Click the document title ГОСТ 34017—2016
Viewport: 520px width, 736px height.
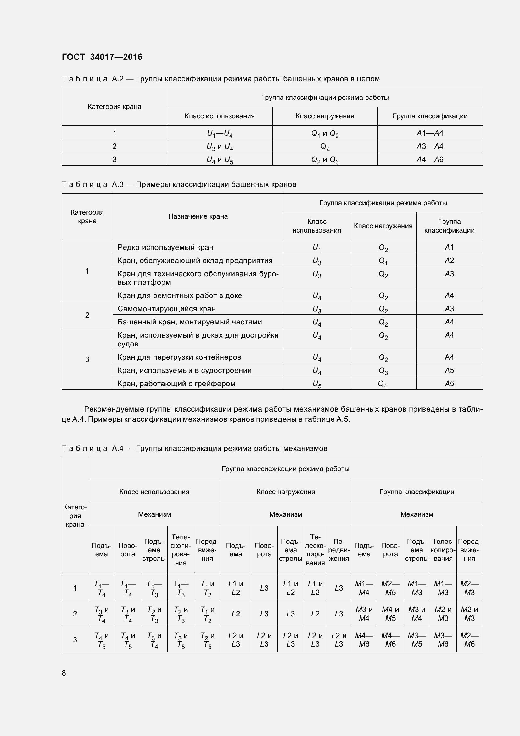coord(102,57)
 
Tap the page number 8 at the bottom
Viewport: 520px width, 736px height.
coord(64,673)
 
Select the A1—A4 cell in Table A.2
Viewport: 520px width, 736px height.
coord(430,133)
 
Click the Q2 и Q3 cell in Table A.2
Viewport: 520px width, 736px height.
coord(325,160)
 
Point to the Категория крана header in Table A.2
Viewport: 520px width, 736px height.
coord(115,107)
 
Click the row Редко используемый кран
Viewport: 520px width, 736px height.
coord(165,247)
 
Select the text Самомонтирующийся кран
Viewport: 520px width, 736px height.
coord(167,309)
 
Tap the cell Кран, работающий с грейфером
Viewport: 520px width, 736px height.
coord(176,383)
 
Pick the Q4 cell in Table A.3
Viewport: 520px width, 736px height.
coord(383,384)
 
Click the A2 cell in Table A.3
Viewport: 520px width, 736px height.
coord(449,261)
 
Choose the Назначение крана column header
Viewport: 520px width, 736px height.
coord(198,216)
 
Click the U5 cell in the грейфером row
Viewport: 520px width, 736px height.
coord(316,384)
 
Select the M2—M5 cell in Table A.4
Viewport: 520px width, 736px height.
coord(390,588)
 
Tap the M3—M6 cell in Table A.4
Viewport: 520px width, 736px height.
coord(443,640)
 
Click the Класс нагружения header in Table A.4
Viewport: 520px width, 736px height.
coord(285,492)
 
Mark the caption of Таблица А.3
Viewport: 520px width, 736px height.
coord(179,184)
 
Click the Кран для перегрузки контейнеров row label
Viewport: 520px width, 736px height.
coord(179,357)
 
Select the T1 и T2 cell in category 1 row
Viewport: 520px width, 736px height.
coord(207,588)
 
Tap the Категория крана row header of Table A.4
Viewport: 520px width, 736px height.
coord(75,516)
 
